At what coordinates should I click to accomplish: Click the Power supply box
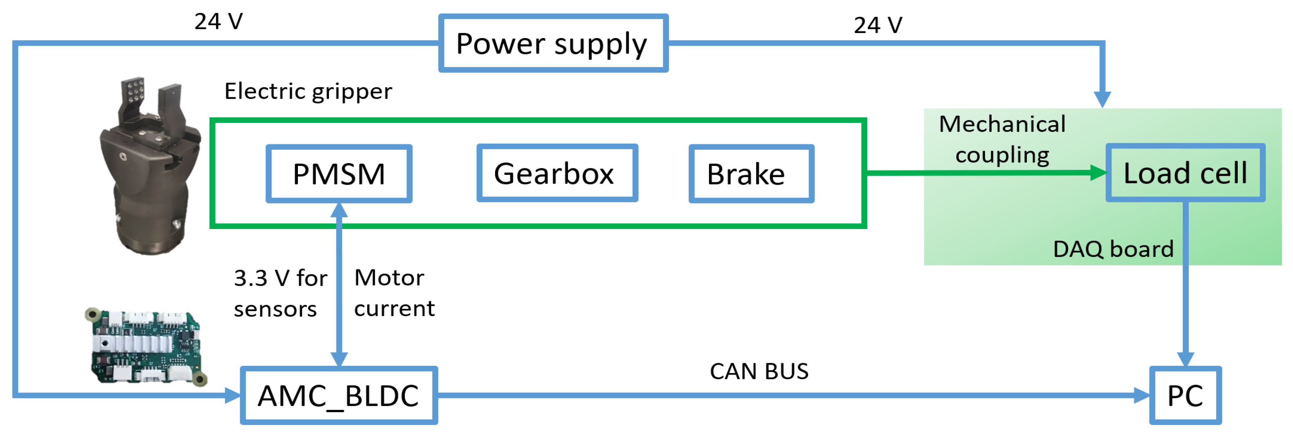click(553, 43)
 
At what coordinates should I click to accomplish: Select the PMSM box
click(339, 174)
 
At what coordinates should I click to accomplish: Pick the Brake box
click(751, 174)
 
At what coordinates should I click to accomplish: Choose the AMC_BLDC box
click(338, 395)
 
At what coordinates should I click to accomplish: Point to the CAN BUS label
click(758, 372)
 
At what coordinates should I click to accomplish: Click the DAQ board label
click(1112, 249)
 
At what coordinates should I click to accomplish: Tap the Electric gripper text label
click(308, 91)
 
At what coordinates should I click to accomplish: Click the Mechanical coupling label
click(1002, 139)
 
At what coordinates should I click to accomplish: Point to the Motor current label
click(394, 293)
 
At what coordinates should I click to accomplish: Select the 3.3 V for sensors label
click(280, 293)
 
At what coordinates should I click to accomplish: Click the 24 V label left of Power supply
click(218, 22)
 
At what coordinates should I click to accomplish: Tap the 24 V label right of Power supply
click(878, 25)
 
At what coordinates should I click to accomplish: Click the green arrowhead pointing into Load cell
click(1099, 173)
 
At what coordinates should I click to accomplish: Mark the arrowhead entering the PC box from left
click(1142, 395)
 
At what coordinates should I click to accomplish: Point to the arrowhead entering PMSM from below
click(339, 209)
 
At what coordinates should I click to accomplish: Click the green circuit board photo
click(145, 347)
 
